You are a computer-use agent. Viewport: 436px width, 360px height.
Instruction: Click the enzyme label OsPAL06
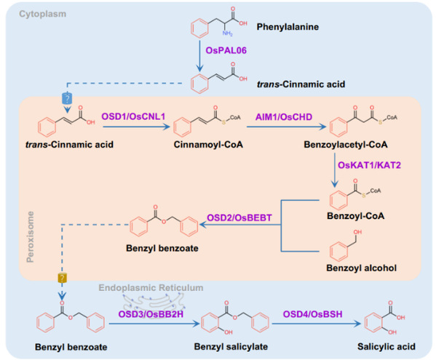pyautogui.click(x=226, y=50)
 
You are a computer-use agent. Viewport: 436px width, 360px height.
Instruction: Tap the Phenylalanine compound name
pyautogui.click(x=288, y=27)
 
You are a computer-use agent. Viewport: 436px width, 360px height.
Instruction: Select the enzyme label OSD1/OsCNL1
pyautogui.click(x=133, y=116)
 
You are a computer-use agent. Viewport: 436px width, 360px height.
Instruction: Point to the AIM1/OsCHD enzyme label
pyautogui.click(x=284, y=117)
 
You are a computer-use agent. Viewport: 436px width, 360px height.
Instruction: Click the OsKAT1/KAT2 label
pyautogui.click(x=369, y=165)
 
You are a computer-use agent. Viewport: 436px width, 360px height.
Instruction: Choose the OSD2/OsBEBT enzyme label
pyautogui.click(x=239, y=217)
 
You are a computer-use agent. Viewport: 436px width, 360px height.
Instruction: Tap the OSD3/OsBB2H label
pyautogui.click(x=151, y=314)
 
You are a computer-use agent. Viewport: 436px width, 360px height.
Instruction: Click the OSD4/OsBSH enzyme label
pyautogui.click(x=312, y=314)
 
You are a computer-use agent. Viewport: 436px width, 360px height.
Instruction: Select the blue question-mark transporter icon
pyautogui.click(x=67, y=98)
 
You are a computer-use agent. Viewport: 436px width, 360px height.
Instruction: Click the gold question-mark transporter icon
pyautogui.click(x=63, y=278)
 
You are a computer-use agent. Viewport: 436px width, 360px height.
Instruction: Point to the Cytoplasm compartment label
pyautogui.click(x=42, y=14)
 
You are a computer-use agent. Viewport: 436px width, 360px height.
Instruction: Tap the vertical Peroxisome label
pyautogui.click(x=30, y=236)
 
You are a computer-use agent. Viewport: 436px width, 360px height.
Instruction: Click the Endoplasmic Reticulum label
pyautogui.click(x=151, y=287)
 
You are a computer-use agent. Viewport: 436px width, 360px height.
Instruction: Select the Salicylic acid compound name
pyautogui.click(x=387, y=347)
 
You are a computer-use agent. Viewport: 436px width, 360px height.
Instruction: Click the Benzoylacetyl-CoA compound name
pyautogui.click(x=346, y=145)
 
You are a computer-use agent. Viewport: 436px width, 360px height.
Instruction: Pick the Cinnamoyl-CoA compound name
pyautogui.click(x=208, y=145)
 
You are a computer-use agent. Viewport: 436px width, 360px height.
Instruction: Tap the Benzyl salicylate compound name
pyautogui.click(x=231, y=347)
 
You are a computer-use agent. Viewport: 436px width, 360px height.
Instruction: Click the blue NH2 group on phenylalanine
pyautogui.click(x=227, y=33)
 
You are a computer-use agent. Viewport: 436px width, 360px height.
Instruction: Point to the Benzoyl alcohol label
pyautogui.click(x=361, y=268)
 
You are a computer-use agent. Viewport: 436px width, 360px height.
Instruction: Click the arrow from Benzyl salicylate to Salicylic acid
pyautogui.click(x=316, y=324)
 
